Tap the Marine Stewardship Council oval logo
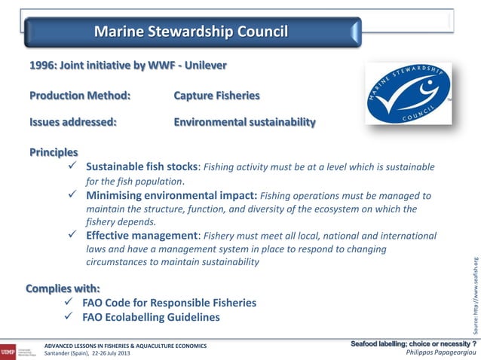409,94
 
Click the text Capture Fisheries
216,96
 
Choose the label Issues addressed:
73,122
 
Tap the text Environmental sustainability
245,122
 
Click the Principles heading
54,152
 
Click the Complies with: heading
63,288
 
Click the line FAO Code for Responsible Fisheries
169,303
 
